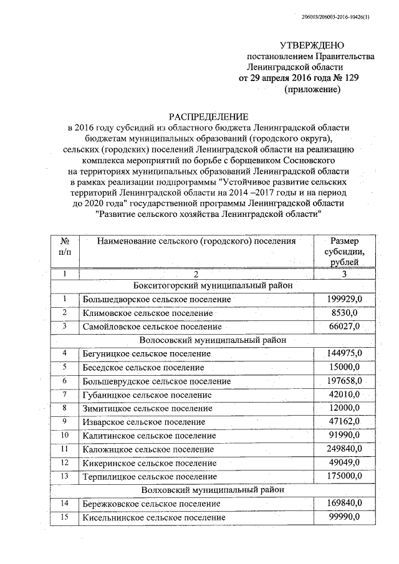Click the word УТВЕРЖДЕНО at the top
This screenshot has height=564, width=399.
click(312, 45)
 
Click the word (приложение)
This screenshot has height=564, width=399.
click(312, 90)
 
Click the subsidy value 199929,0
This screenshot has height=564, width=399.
click(344, 300)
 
